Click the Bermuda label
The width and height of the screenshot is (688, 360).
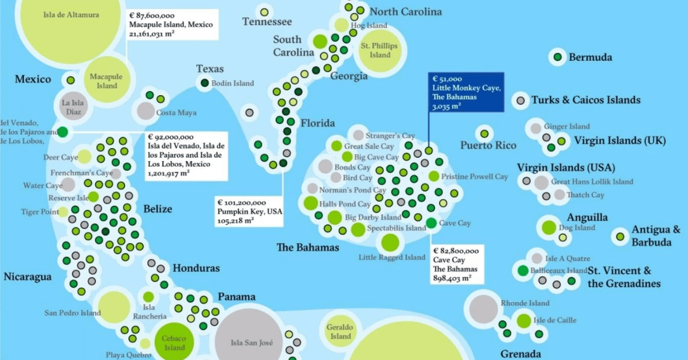click(x=590, y=57)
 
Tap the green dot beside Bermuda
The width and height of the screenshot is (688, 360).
click(x=557, y=57)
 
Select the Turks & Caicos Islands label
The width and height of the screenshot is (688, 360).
click(x=585, y=100)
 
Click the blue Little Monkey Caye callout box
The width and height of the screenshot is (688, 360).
click(x=466, y=92)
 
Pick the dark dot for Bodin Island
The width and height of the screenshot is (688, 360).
click(x=204, y=83)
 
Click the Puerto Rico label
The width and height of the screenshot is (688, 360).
click(x=488, y=146)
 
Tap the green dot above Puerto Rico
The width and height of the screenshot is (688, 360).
click(x=484, y=134)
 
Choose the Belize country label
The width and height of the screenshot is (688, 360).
click(x=157, y=209)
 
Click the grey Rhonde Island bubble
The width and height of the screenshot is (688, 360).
click(x=484, y=308)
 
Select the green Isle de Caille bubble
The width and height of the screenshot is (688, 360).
click(x=523, y=320)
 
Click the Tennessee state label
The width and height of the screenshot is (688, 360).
click(x=267, y=22)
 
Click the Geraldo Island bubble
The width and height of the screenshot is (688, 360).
click(x=339, y=331)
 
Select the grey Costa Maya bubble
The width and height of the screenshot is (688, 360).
click(x=146, y=111)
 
